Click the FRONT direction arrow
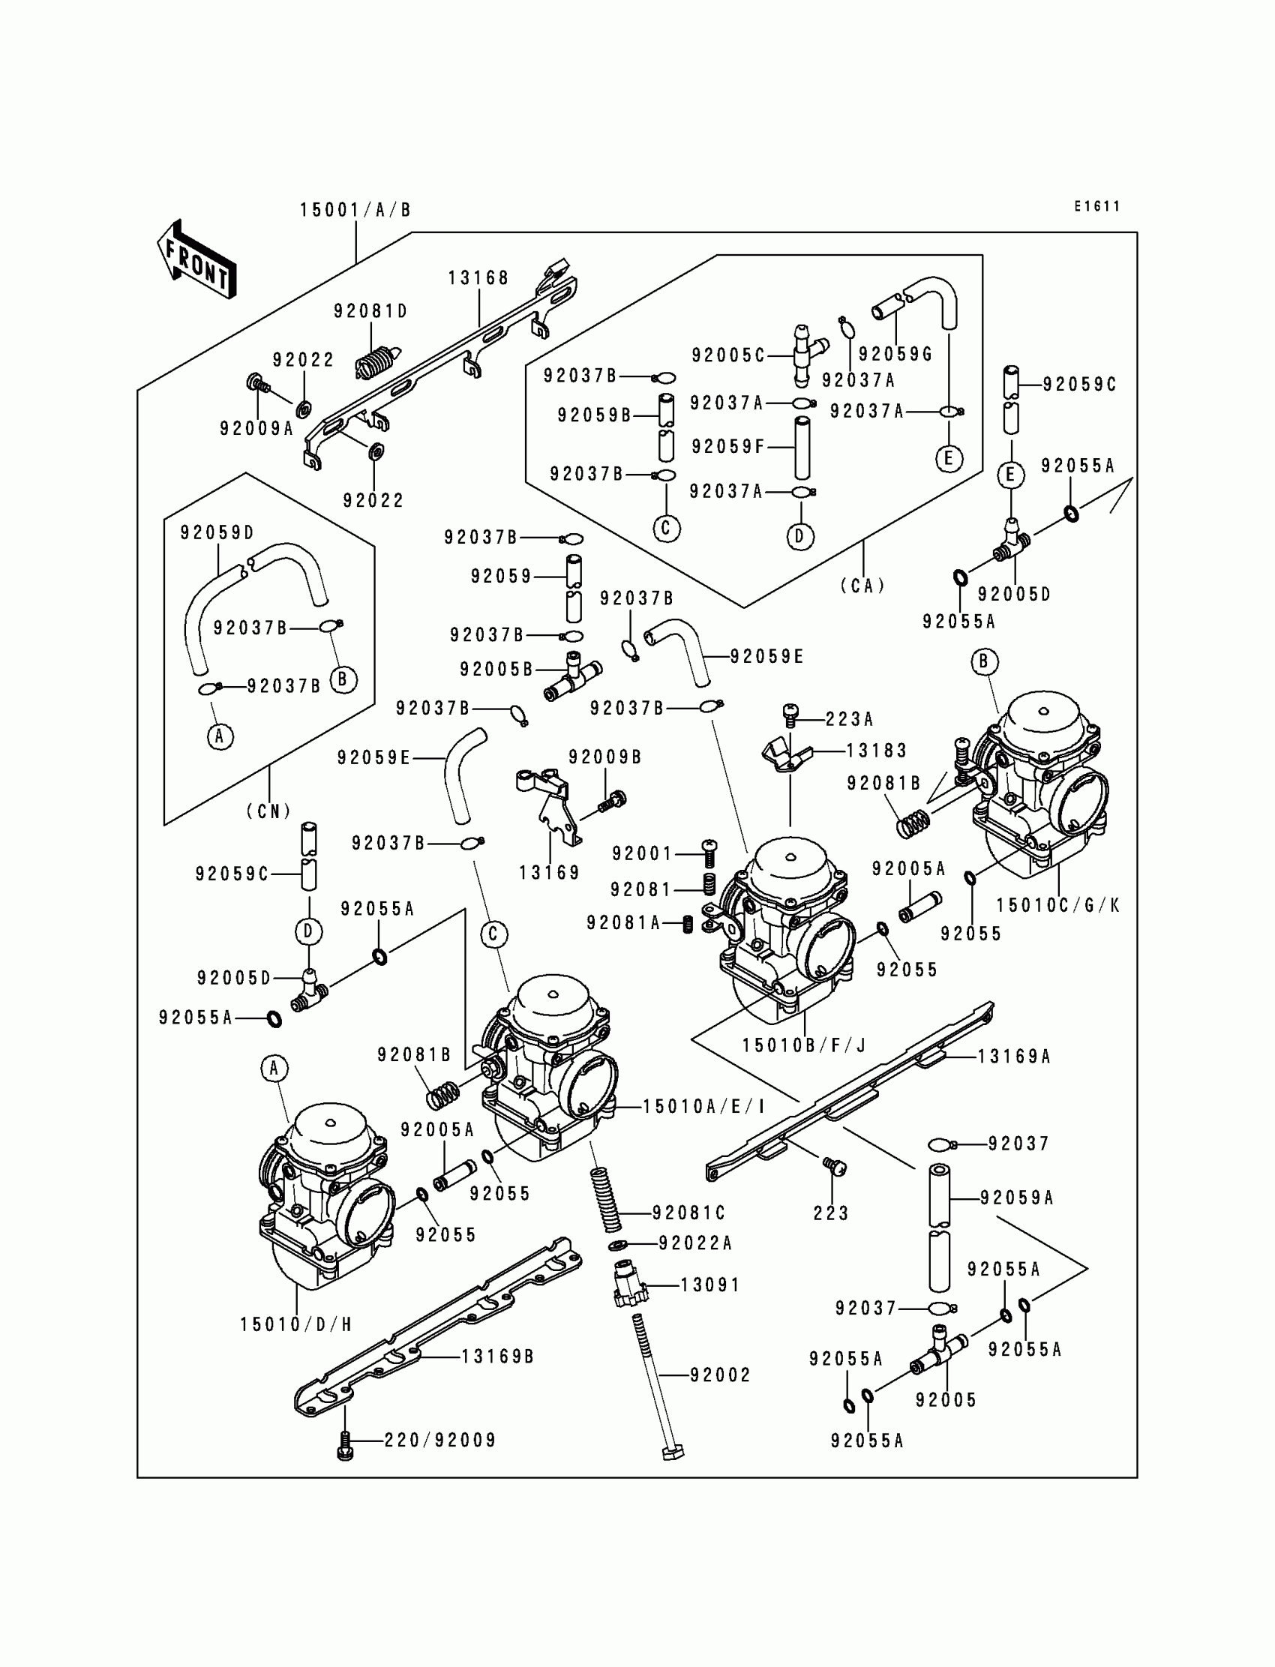pos(196,259)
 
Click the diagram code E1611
pos(1096,206)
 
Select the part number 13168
pos(478,278)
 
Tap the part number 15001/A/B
pos(355,210)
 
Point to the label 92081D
pos(370,311)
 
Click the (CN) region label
pos(269,811)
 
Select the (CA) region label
pos(863,586)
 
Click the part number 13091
pos(709,1285)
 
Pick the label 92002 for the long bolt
pos(720,1375)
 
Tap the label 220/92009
pos(440,1440)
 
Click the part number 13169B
pos(498,1356)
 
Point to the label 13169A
pos(1014,1056)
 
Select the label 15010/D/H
pos(296,1325)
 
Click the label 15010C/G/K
pos(1058,905)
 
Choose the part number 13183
pos(877,751)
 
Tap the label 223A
pos(849,718)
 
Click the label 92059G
pos(895,355)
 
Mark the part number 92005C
pos(727,355)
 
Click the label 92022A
pos(695,1243)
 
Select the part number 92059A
pos(1017,1198)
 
